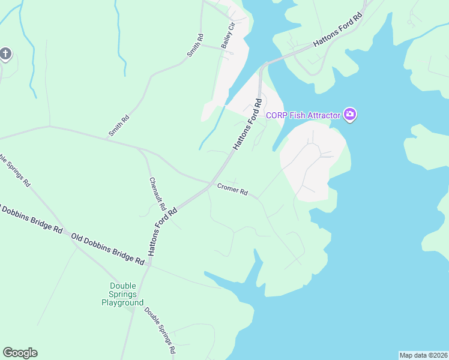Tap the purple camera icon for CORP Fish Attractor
[x=350, y=114]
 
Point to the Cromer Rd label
[x=232, y=190]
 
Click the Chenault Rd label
[x=157, y=194]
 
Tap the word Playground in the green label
[x=122, y=303]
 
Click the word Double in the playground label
[x=123, y=286]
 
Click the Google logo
[x=20, y=353]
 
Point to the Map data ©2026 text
[x=423, y=355]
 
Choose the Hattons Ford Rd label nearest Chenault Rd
[x=163, y=232]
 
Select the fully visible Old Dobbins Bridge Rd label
[x=108, y=249]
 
